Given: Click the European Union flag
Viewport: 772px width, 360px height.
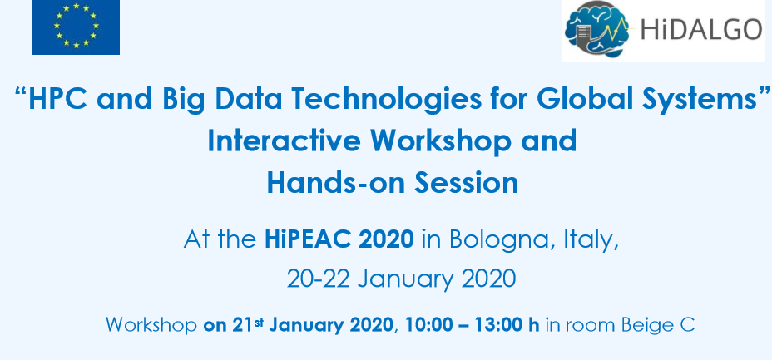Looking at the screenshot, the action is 76,27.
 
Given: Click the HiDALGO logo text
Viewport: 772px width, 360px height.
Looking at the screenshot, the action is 701,28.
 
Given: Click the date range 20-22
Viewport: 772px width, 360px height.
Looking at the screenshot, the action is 318,279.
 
